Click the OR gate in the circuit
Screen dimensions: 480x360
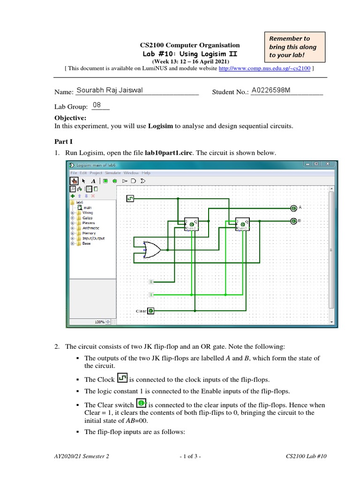151,250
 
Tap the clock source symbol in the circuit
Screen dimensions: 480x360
130,199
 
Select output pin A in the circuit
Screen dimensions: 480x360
293,208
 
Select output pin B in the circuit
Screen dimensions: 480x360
293,221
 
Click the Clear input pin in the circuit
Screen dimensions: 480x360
151,311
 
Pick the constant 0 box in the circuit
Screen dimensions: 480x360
151,282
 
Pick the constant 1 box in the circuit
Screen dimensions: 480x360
151,294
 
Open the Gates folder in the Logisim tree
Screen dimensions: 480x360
87,218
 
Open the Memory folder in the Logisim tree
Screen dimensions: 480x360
89,233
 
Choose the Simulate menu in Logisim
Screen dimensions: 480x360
113,173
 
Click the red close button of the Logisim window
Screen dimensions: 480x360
329,165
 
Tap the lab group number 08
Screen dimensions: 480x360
97,105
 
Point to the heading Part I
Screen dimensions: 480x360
64,141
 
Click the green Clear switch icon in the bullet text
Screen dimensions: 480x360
141,403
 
